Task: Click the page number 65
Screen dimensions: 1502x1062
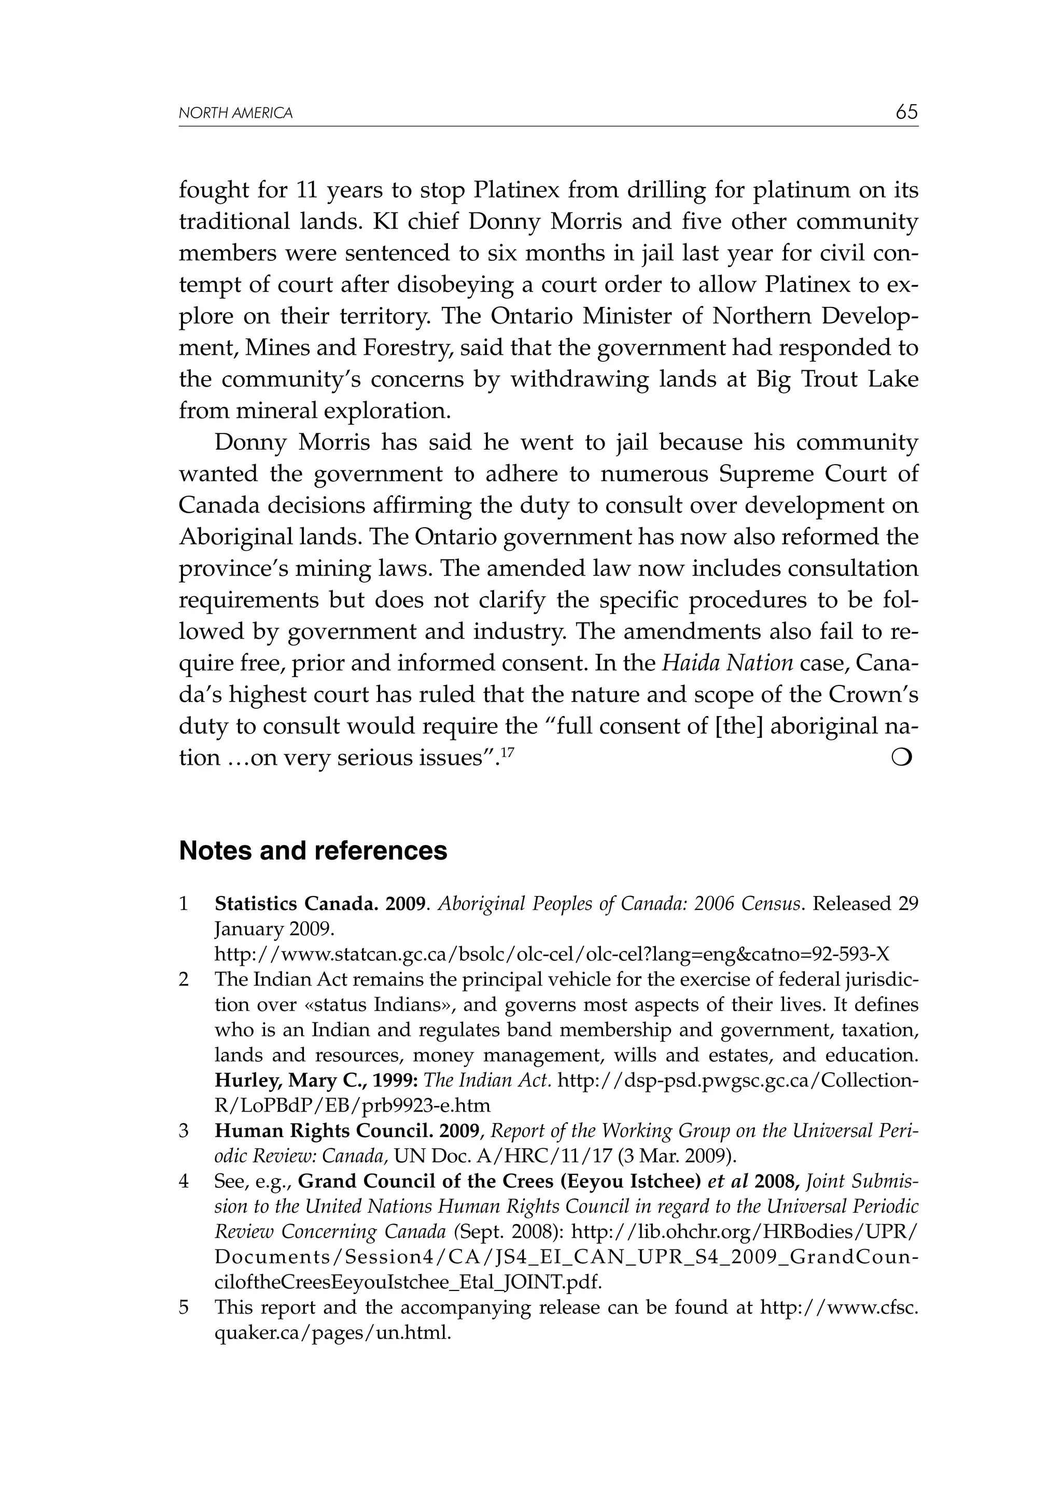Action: point(906,112)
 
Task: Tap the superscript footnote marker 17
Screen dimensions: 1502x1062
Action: point(508,752)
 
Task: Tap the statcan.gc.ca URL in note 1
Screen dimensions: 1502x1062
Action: point(552,954)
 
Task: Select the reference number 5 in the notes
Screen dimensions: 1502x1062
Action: point(184,1308)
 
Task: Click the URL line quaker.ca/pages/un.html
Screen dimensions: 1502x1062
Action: point(332,1332)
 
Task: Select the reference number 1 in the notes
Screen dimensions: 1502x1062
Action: point(184,904)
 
